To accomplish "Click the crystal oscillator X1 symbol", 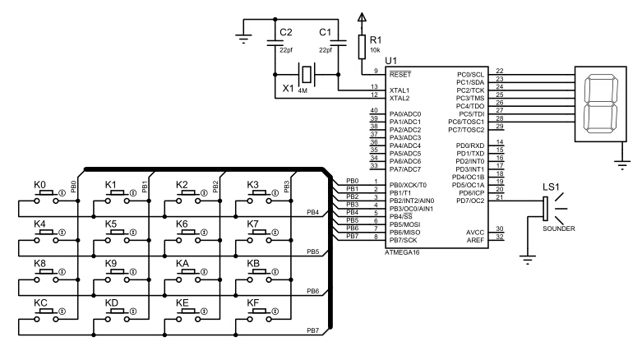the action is coord(307,75).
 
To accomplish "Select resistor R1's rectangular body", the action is coord(362,47).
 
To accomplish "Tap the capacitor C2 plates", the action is coord(275,43).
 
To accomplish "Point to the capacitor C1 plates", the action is coord(338,43).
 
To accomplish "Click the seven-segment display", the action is coord(601,104).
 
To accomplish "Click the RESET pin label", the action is coord(400,75).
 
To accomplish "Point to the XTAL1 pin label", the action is coord(400,90).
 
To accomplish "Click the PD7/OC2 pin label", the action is coord(470,201).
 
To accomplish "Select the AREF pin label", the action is coord(475,240).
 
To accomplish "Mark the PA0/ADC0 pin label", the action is coord(405,114).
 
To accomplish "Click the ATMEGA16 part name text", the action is coord(402,252).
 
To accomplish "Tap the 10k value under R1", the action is coord(375,50).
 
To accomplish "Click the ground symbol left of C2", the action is coord(243,39).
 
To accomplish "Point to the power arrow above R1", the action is coord(362,17).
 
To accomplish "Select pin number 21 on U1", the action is coord(500,197).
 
